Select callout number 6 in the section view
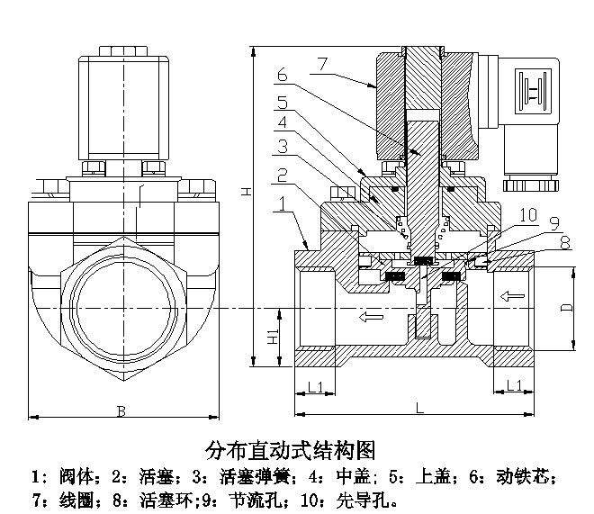[x=282, y=75]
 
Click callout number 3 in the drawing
[x=282, y=145]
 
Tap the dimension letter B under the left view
[x=121, y=411]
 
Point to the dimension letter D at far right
[x=566, y=307]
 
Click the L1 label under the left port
[x=315, y=386]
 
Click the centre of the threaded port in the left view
[x=121, y=306]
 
